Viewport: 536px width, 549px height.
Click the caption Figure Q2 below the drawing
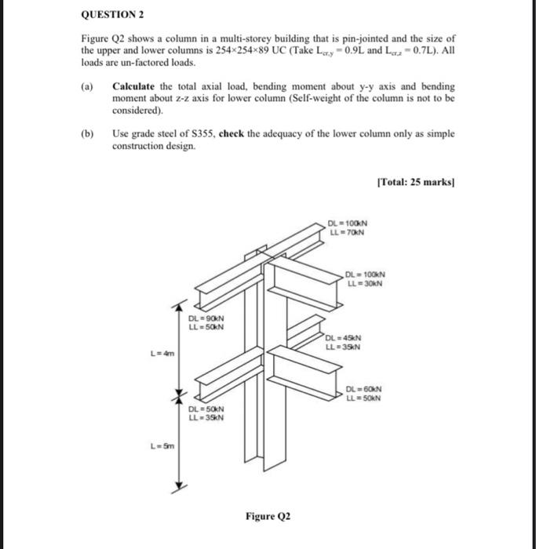[x=268, y=516]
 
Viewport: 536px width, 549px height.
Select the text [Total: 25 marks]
[x=415, y=181]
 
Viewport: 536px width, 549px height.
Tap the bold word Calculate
[x=136, y=86]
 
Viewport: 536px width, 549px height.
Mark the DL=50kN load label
[x=206, y=409]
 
